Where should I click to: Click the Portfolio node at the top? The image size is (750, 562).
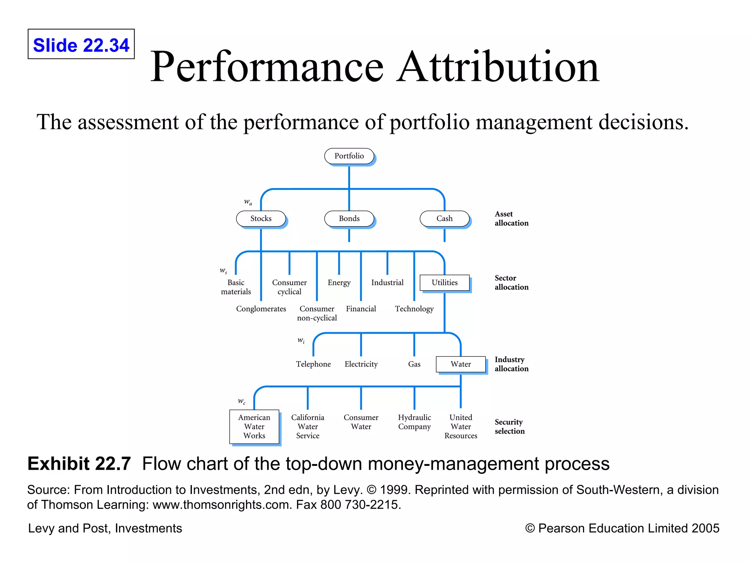349,156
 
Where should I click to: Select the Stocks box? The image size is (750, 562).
261,218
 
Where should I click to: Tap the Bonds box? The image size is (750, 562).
349,218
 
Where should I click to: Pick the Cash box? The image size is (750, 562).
444,218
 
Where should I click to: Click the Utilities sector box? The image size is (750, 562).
444,282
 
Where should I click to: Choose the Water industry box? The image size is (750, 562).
461,364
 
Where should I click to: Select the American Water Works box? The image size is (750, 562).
254,427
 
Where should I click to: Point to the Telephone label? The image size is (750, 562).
313,364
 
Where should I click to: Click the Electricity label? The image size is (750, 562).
361,364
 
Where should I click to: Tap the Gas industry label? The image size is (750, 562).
414,364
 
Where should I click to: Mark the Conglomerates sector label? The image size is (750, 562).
261,309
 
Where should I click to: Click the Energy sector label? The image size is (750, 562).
339,282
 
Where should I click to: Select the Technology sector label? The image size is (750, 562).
414,309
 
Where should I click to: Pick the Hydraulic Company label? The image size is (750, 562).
414,422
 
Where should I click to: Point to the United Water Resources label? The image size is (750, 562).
461,427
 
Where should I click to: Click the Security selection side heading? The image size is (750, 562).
509,427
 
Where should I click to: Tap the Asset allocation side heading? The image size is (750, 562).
511,218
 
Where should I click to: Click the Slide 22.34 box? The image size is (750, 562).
81,44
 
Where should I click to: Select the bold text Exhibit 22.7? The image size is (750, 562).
79,464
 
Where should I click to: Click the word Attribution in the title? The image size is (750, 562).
498,67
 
